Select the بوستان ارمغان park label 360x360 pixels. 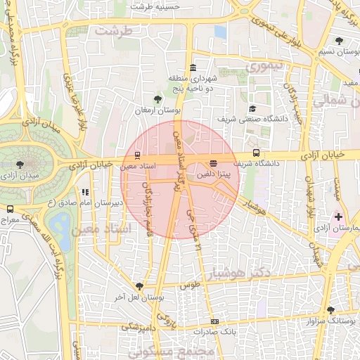[x=158, y=111]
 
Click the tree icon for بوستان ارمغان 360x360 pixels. [x=157, y=99]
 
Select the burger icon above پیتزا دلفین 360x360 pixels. [x=214, y=162]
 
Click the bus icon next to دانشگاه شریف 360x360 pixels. [x=255, y=152]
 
